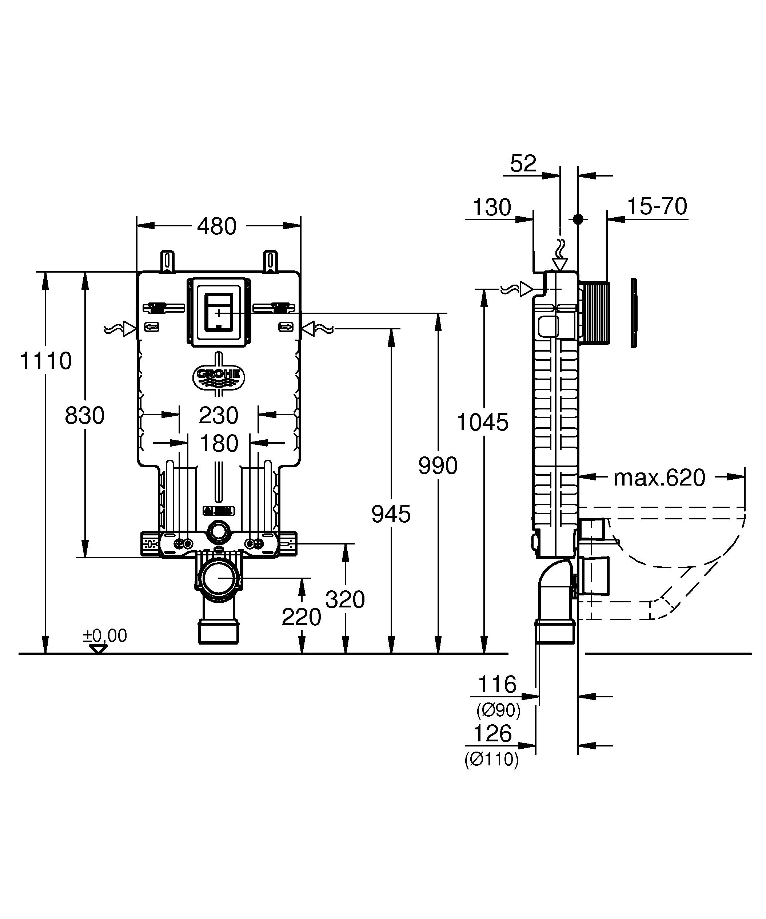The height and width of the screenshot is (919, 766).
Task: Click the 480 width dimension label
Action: click(x=216, y=226)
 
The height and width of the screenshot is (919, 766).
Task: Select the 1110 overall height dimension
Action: click(x=46, y=361)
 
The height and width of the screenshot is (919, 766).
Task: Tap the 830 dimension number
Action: click(x=84, y=415)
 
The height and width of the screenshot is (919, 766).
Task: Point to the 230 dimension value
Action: click(x=219, y=415)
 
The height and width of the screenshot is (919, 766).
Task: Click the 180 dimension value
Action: click(x=219, y=444)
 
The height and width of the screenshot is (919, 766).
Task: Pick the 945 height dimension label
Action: click(x=391, y=514)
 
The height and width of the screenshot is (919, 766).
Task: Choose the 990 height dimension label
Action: click(x=438, y=465)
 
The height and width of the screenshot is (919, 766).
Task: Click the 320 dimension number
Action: click(x=345, y=599)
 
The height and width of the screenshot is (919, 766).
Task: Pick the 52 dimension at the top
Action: click(x=523, y=164)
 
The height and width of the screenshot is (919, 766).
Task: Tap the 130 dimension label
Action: click(x=492, y=207)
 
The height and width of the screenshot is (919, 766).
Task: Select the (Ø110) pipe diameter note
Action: click(x=491, y=759)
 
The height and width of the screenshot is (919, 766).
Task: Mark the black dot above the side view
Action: click(x=578, y=219)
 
